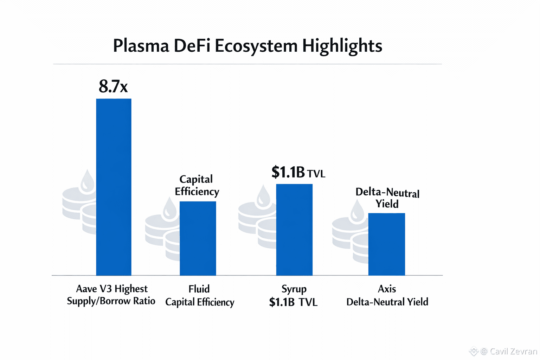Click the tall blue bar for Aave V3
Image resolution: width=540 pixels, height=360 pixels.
click(x=114, y=187)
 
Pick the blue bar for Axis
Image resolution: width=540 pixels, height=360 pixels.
click(x=386, y=244)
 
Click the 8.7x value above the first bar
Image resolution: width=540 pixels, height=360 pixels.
click(x=113, y=86)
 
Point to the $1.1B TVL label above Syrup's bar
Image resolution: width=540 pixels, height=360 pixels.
click(x=298, y=173)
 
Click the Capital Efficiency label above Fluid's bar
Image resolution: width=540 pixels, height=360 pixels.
click(x=197, y=185)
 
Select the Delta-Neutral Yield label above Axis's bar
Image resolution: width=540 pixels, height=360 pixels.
click(x=387, y=198)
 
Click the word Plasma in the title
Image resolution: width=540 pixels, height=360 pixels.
click(x=141, y=46)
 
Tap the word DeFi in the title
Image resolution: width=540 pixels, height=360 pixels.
click(x=192, y=46)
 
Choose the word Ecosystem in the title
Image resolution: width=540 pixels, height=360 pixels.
click(x=256, y=46)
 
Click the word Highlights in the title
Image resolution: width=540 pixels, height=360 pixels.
click(x=342, y=46)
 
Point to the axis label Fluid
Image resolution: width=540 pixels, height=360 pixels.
click(x=199, y=289)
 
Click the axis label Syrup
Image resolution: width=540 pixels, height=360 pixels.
click(x=294, y=289)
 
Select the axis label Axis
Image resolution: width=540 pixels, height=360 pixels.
click(x=387, y=289)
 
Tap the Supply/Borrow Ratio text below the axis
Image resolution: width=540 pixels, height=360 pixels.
click(x=111, y=301)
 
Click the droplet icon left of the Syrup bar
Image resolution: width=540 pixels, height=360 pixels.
click(x=263, y=196)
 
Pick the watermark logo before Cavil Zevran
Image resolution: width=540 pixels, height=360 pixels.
click(x=474, y=351)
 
